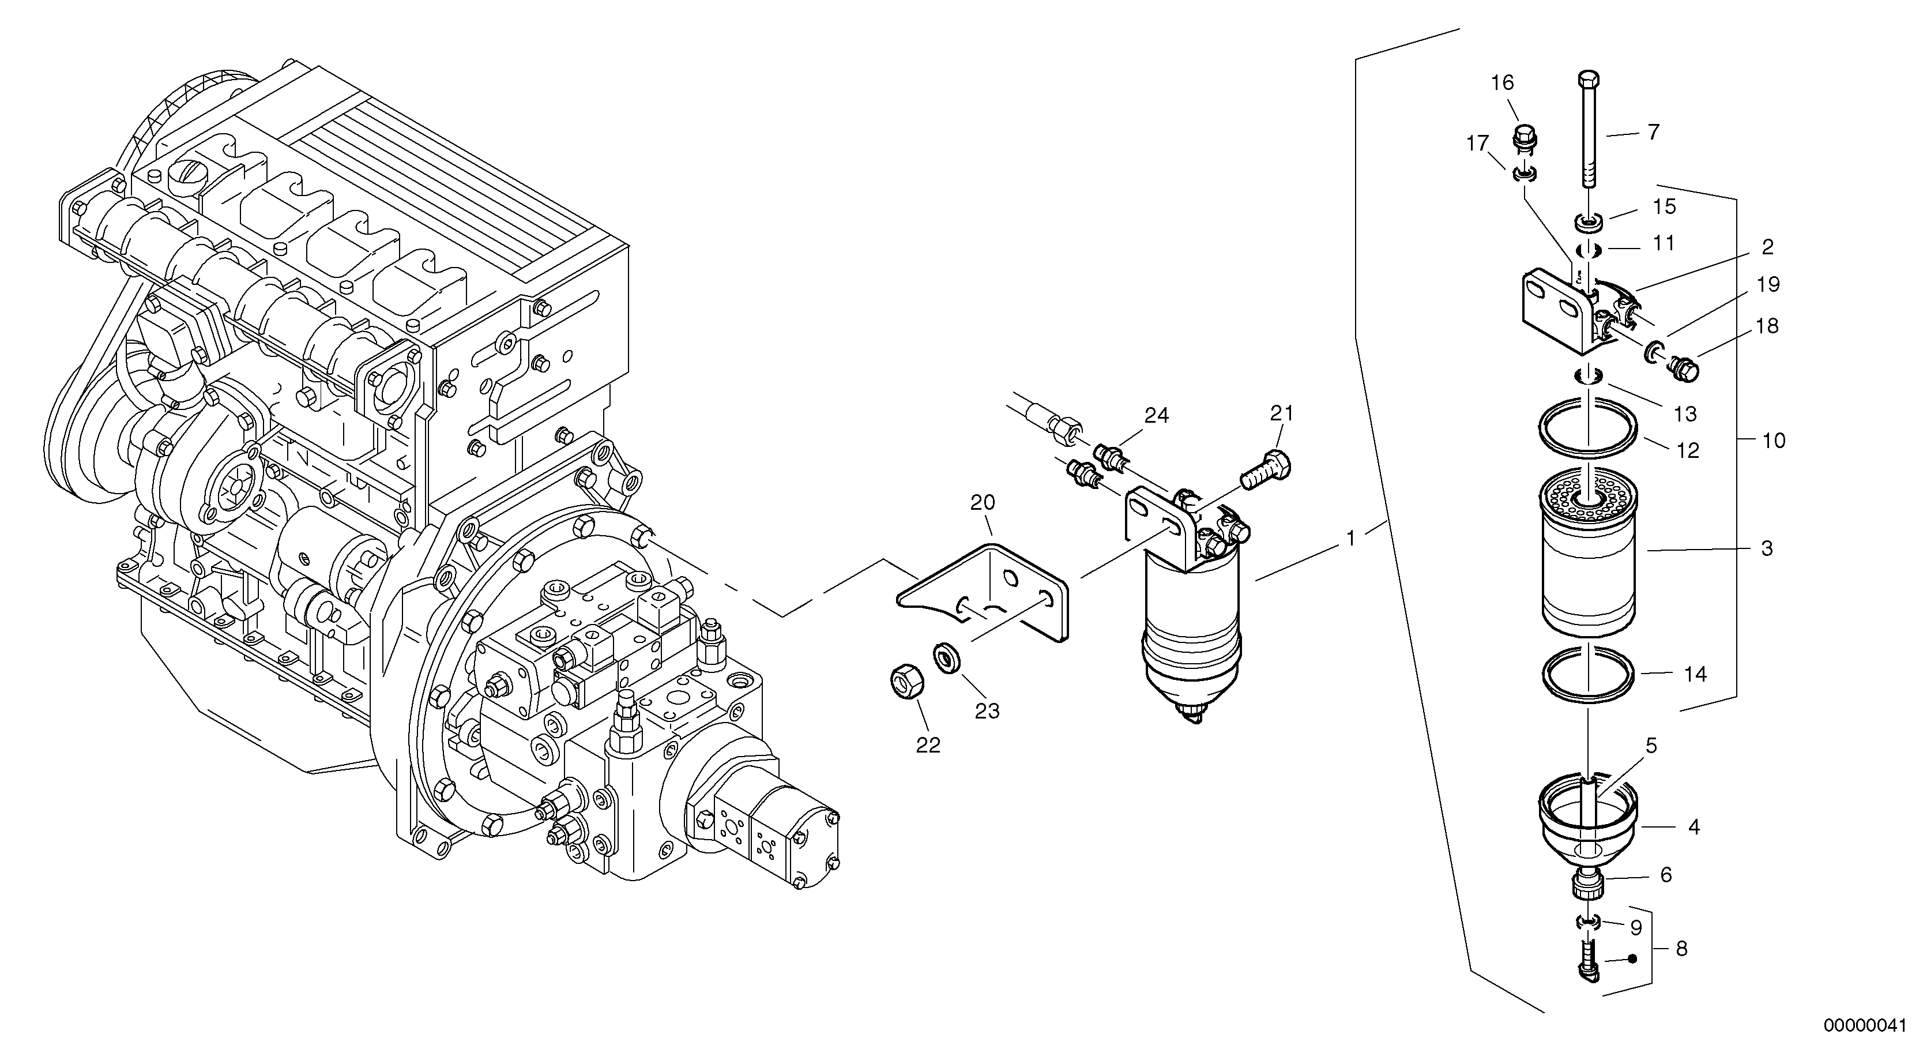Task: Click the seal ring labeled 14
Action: click(x=1589, y=674)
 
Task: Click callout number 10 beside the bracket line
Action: click(x=1774, y=441)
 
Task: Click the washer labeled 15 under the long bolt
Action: click(x=1589, y=223)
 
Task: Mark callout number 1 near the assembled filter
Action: click(x=1350, y=537)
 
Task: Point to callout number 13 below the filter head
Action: click(x=1685, y=413)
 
